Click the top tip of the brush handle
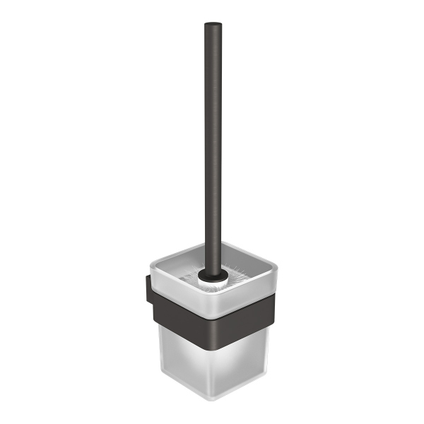pos(212,25)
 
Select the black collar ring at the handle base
pos(212,268)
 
